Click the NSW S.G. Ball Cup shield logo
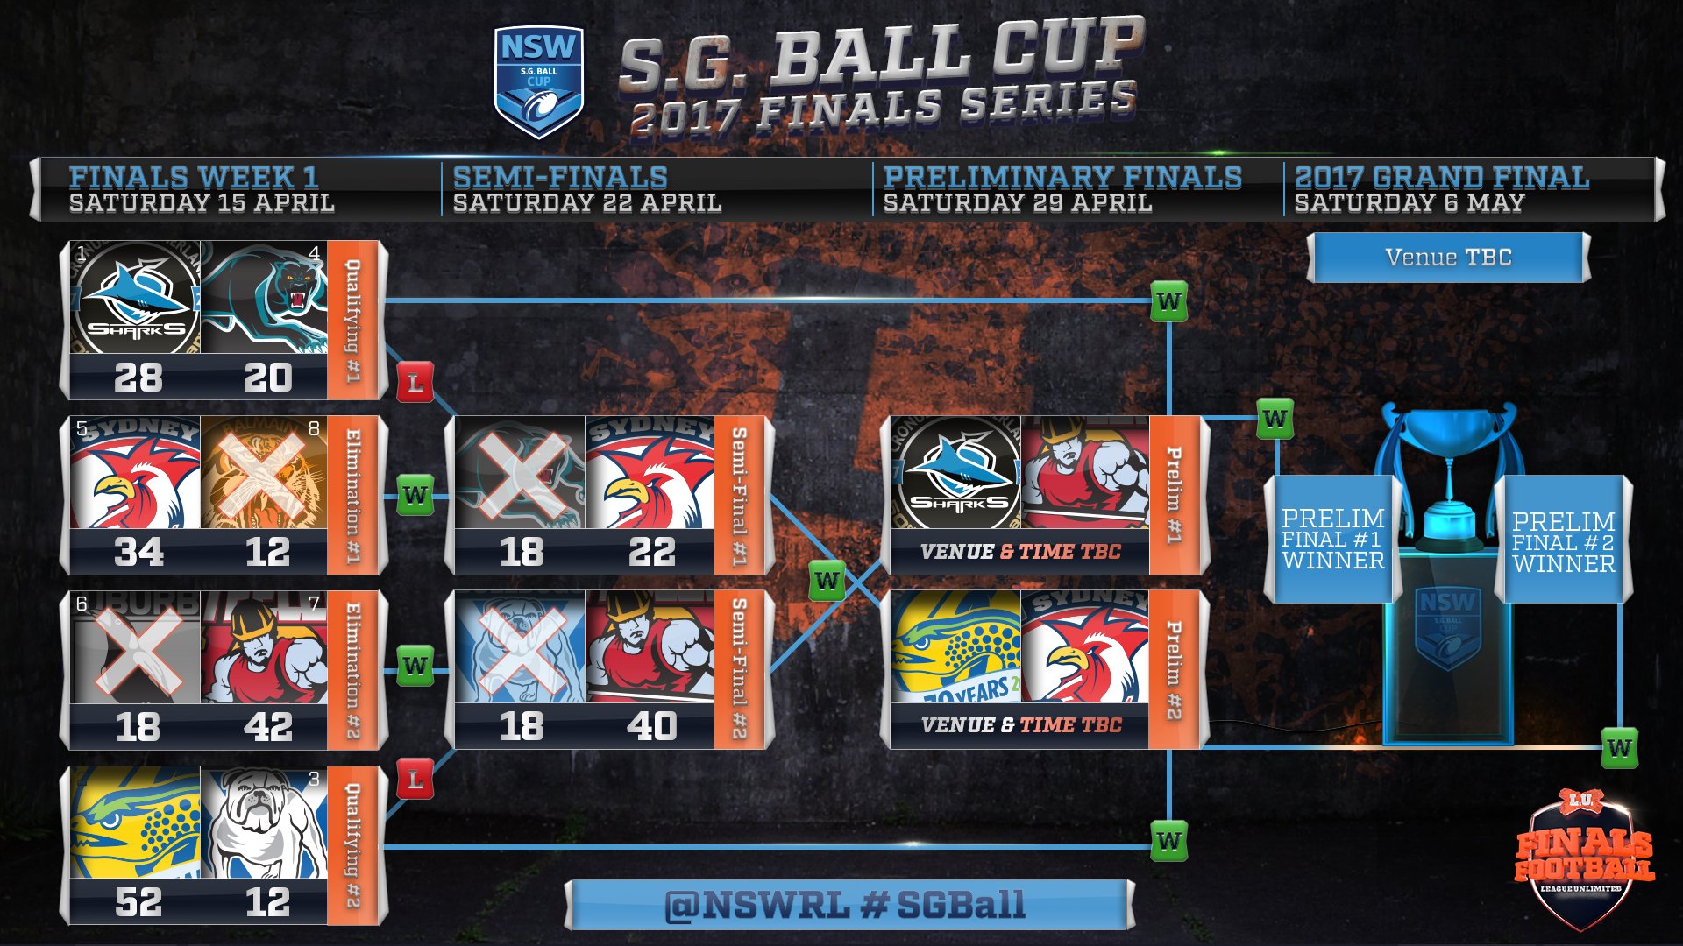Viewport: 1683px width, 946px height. (538, 81)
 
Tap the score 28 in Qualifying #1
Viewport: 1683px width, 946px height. (138, 378)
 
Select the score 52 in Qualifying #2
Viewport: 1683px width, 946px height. (138, 902)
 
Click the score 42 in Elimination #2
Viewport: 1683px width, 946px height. (267, 727)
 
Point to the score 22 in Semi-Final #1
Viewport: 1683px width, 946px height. (651, 552)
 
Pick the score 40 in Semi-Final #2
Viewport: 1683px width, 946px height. (651, 726)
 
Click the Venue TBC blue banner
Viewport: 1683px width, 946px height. (1448, 257)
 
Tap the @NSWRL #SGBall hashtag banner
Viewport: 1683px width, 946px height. (847, 905)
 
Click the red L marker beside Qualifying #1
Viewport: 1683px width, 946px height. (415, 383)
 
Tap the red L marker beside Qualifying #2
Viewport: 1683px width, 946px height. (415, 780)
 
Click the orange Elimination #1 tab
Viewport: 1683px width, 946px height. (352, 496)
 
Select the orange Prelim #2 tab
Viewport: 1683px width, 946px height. (1174, 670)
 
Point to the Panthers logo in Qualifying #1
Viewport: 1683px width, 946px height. (264, 298)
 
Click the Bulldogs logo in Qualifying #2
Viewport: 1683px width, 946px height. (264, 823)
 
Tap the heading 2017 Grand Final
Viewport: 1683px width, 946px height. (1441, 177)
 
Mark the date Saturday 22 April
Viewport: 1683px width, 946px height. (587, 203)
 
